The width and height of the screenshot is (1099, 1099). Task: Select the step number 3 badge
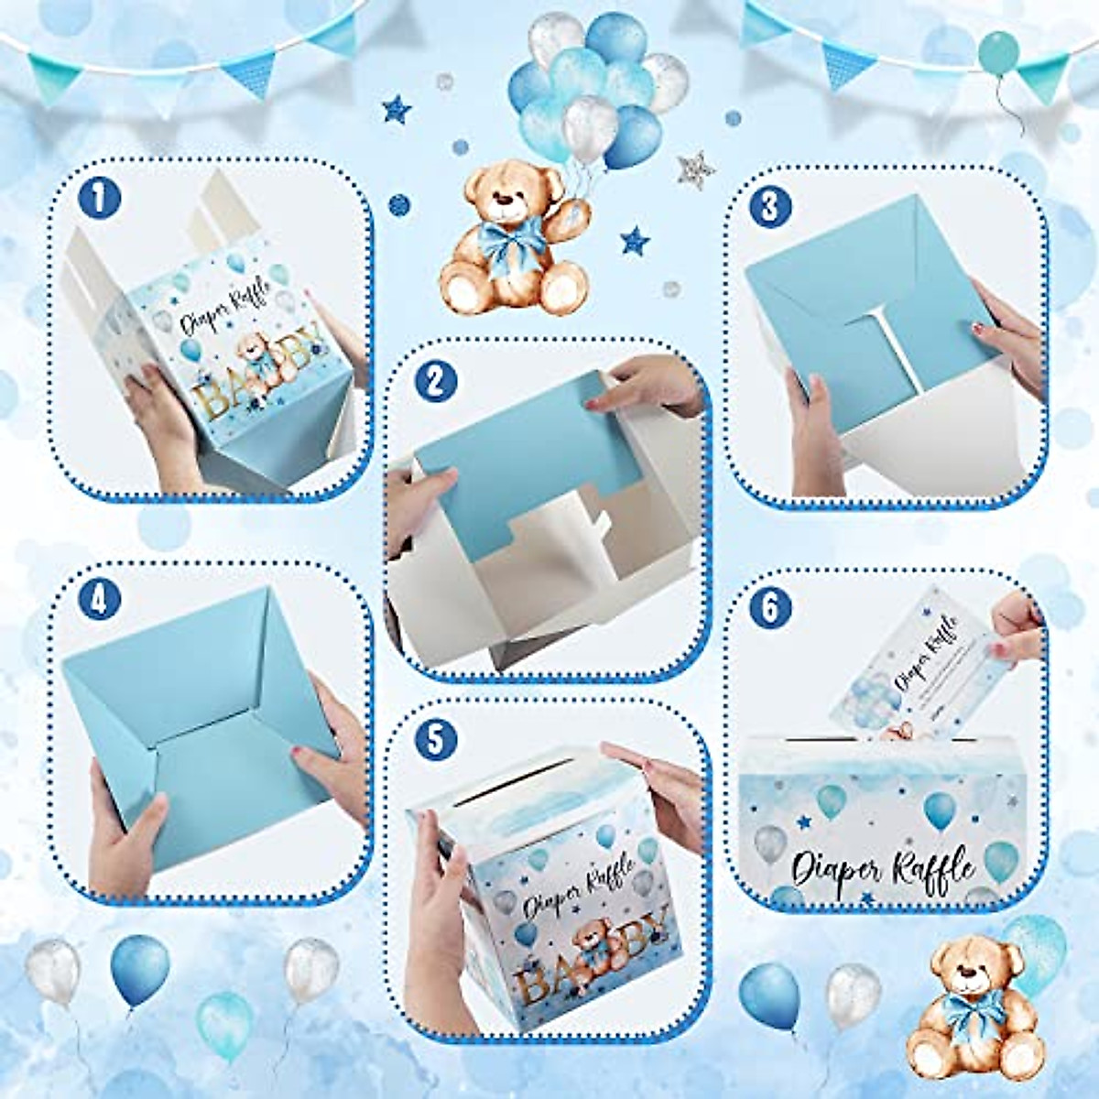click(x=769, y=207)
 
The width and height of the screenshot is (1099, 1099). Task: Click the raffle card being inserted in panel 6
click(x=925, y=664)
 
